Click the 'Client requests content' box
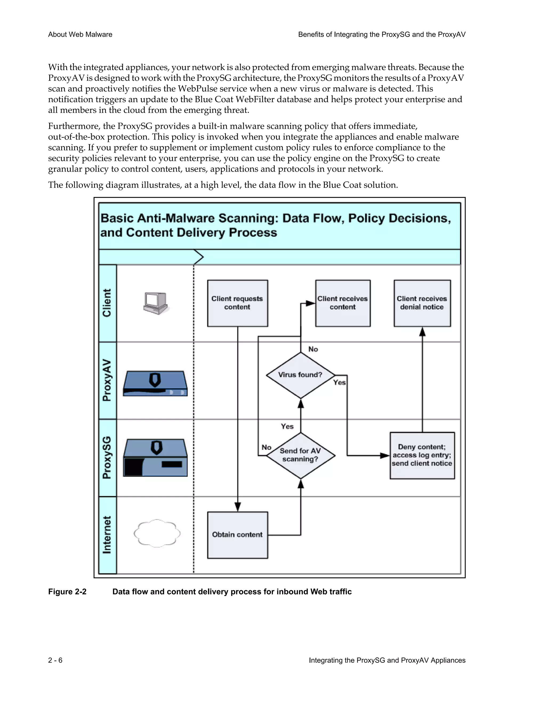point(238,303)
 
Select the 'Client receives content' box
point(343,303)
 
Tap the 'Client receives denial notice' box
point(422,303)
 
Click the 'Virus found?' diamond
point(300,375)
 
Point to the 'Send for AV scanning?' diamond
point(300,455)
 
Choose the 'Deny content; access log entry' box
point(422,455)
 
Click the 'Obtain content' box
point(238,535)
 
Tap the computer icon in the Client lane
point(156,303)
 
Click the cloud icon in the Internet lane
point(157,533)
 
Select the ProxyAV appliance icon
point(155,383)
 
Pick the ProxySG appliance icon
point(155,457)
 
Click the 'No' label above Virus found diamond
point(313,349)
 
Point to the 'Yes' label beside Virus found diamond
point(339,382)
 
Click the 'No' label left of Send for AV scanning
point(266,447)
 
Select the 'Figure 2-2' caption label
point(67,591)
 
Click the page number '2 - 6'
point(55,660)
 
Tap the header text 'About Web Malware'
point(80,35)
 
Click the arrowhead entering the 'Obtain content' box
point(238,506)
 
